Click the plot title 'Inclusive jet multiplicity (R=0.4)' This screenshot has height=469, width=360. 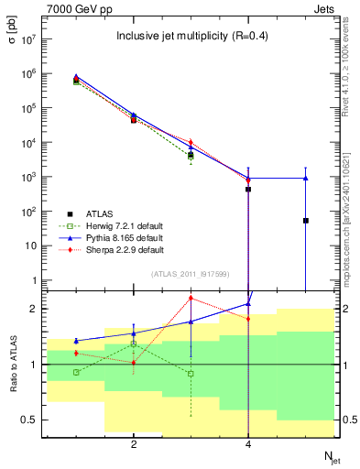(x=191, y=37)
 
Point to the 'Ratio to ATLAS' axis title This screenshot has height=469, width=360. (x=12, y=365)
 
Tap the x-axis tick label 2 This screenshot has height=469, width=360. (x=134, y=444)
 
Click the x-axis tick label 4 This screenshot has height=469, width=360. (x=248, y=444)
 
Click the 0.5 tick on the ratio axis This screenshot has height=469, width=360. (x=27, y=420)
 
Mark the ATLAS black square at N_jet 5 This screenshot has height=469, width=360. (x=305, y=221)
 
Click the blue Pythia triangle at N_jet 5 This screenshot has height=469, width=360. (x=305, y=178)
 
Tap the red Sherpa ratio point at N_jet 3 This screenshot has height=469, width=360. (x=191, y=298)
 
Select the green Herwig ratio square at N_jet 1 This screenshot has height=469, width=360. (x=76, y=372)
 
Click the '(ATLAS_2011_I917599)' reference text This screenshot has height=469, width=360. (x=191, y=274)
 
